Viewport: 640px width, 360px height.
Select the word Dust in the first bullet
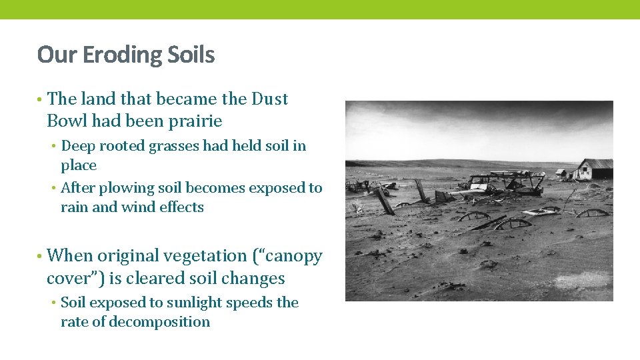pos(269,99)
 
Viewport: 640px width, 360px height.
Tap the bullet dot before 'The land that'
pos(40,99)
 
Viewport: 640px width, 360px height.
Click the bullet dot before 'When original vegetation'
pos(40,256)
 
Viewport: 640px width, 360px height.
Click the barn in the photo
pos(594,169)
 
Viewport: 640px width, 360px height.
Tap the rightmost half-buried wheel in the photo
pos(591,213)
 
